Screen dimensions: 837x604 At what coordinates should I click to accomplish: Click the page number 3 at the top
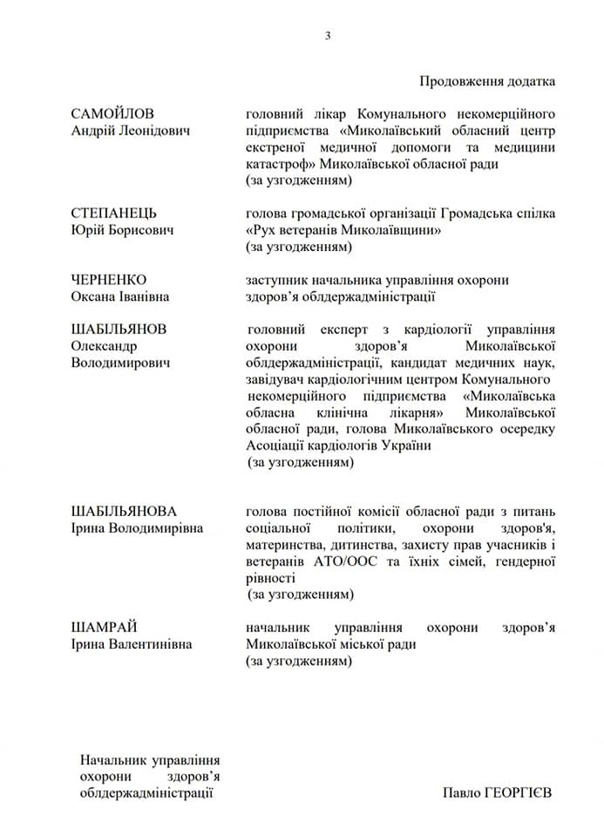coord(328,36)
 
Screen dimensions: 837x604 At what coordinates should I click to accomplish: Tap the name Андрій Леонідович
coord(132,131)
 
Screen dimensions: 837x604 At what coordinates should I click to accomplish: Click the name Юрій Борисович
coord(122,230)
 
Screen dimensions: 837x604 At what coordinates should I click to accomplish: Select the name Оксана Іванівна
coord(120,296)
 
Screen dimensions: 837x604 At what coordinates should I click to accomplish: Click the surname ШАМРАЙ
coord(105,628)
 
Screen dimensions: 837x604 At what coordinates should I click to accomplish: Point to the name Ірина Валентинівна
coord(132,644)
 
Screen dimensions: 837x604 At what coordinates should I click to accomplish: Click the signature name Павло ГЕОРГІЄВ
coord(497,793)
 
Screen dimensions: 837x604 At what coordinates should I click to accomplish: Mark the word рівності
coord(271,578)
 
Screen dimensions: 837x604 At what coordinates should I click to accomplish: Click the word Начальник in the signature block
coord(112,760)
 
